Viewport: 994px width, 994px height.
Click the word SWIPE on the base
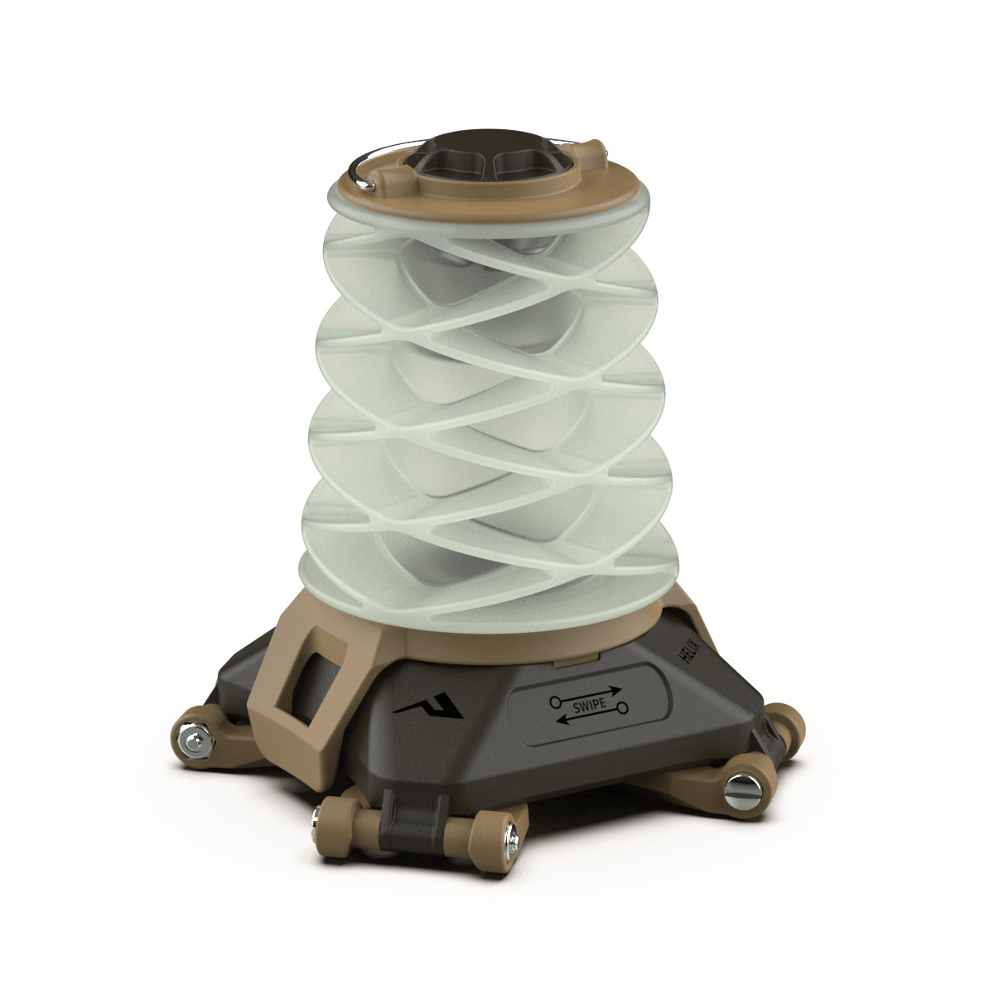pos(589,705)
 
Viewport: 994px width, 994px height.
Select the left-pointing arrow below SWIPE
pos(590,719)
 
